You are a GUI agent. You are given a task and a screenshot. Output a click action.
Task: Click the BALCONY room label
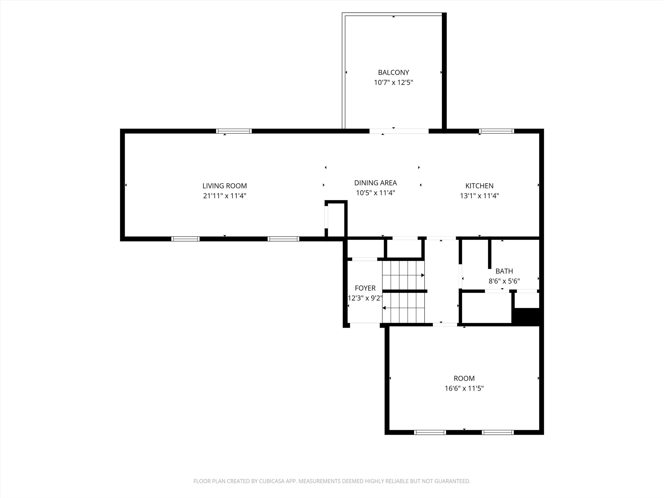(393, 72)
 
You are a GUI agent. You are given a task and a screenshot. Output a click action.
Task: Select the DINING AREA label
(375, 183)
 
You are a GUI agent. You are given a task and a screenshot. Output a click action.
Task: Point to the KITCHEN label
(479, 186)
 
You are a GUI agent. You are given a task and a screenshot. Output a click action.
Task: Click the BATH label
(504, 271)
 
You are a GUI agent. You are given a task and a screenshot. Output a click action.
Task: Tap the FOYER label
(365, 288)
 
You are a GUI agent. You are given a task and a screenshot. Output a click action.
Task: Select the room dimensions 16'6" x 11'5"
(464, 388)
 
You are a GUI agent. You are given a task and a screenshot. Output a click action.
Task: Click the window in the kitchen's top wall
(496, 131)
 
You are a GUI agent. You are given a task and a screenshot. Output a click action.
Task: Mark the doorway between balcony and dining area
(399, 131)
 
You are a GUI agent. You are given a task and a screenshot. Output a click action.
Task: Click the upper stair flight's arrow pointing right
(423, 275)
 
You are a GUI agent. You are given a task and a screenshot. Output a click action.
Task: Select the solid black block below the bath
(527, 317)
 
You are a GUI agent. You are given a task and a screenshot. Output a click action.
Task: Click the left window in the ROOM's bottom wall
(430, 432)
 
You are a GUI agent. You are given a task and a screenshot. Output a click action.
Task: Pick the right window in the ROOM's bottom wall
(498, 432)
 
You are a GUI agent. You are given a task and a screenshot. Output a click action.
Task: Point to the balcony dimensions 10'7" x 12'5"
(393, 83)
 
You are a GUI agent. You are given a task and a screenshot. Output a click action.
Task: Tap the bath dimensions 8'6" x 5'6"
(504, 281)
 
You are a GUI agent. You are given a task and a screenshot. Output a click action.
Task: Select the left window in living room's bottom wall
(185, 239)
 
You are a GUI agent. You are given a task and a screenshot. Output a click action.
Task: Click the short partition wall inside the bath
(489, 254)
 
